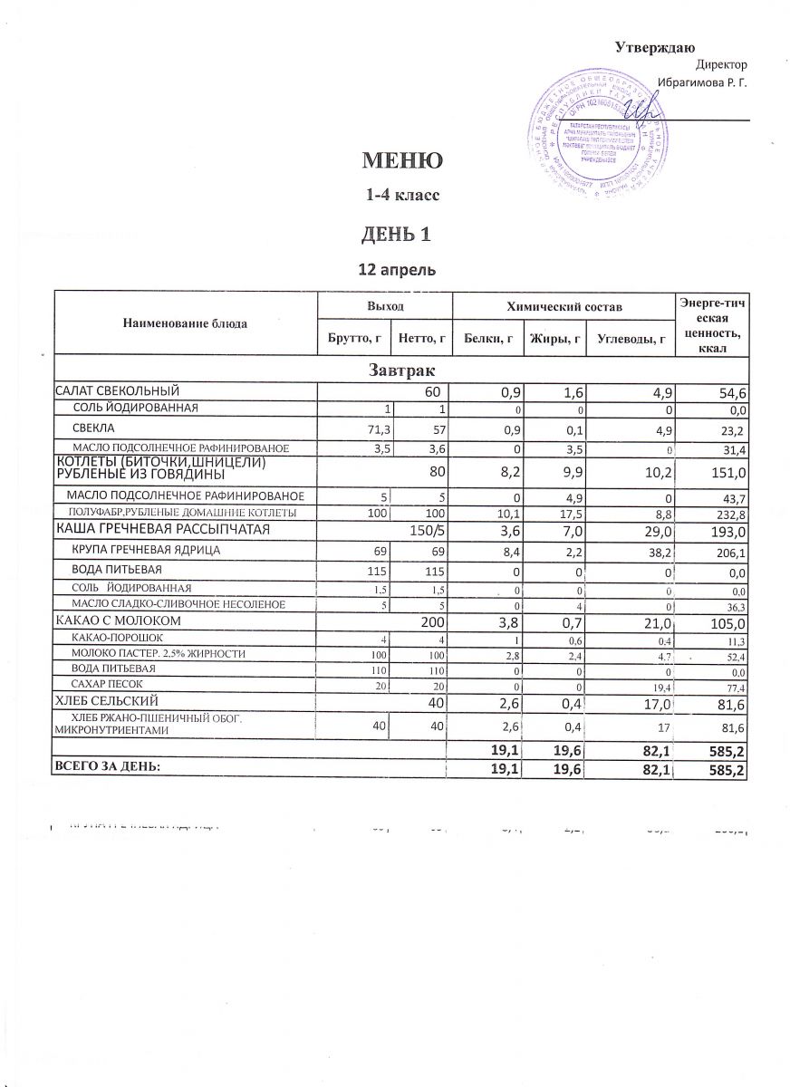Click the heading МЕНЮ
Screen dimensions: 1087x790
pyautogui.click(x=402, y=161)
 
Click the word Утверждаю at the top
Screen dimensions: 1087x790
pyautogui.click(x=654, y=47)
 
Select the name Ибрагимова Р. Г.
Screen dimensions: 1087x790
pyautogui.click(x=703, y=82)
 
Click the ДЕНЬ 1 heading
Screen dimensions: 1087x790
pyautogui.click(x=396, y=234)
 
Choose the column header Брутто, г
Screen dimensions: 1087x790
pyautogui.click(x=353, y=339)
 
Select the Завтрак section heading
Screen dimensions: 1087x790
pyautogui.click(x=399, y=370)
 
